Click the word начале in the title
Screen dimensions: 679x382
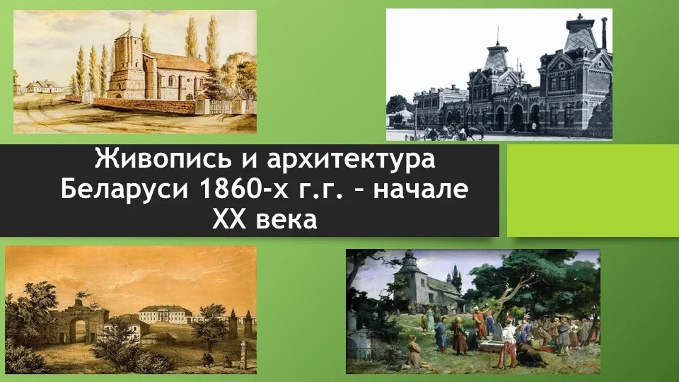click(x=420, y=190)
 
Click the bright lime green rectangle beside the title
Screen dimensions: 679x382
click(x=593, y=190)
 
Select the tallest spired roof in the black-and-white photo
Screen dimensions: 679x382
click(x=580, y=35)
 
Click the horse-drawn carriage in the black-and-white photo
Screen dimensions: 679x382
click(x=470, y=132)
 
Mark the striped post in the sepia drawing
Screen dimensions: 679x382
click(x=243, y=355)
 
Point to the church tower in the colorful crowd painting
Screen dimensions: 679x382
click(x=408, y=277)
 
